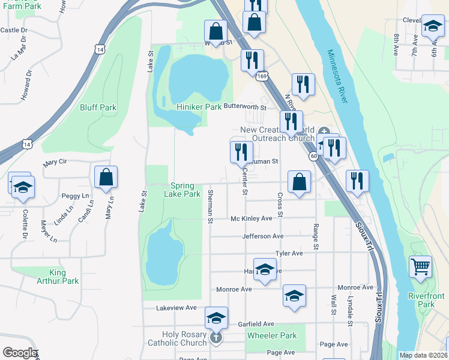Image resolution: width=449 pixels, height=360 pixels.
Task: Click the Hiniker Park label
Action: [x=199, y=107]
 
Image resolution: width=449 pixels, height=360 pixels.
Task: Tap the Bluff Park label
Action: [x=98, y=108]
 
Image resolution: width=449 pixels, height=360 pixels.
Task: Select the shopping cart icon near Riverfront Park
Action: [x=420, y=266]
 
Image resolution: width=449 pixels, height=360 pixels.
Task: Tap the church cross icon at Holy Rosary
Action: [x=217, y=339]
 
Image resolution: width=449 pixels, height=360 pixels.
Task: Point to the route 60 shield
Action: [x=313, y=156]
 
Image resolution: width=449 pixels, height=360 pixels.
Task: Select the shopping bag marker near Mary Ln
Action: [x=106, y=177]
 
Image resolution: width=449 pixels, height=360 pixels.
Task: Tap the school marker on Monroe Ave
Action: [x=294, y=296]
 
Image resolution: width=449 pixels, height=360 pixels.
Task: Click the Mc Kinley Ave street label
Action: [x=252, y=218]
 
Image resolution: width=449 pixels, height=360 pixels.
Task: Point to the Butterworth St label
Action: [x=244, y=107]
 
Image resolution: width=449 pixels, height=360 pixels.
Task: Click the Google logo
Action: [x=19, y=353]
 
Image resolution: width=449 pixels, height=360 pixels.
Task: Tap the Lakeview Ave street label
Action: [x=176, y=308]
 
